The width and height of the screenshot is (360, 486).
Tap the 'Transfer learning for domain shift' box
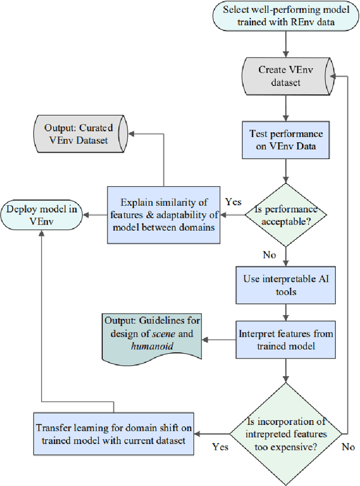pos(114,434)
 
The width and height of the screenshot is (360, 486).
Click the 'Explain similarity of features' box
pos(163,214)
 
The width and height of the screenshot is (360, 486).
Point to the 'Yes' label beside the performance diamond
pos(233,201)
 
